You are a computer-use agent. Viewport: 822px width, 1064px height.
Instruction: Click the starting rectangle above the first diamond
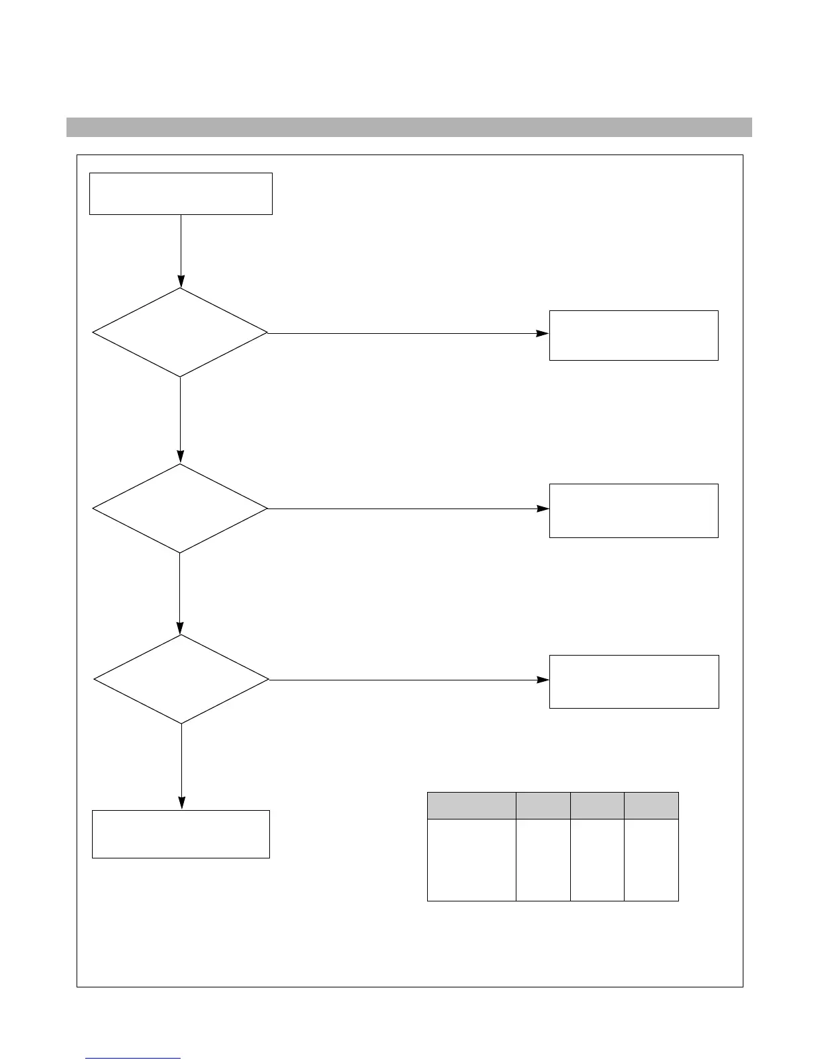click(x=181, y=193)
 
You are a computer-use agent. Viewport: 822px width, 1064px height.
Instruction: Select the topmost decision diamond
click(x=180, y=332)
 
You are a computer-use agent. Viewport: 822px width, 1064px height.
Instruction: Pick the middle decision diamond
click(x=180, y=508)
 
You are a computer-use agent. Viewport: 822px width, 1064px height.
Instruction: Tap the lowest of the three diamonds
click(x=181, y=679)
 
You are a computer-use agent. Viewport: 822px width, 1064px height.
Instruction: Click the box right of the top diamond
click(x=633, y=335)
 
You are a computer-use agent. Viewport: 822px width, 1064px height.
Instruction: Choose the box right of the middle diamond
click(x=633, y=511)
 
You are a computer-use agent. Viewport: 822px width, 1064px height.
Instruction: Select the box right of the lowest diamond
click(x=634, y=681)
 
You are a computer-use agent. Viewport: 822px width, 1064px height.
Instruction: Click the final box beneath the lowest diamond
click(x=181, y=834)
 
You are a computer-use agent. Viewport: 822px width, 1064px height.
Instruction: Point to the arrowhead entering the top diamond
click(x=181, y=281)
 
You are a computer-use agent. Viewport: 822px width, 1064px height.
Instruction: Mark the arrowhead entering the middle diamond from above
click(x=180, y=457)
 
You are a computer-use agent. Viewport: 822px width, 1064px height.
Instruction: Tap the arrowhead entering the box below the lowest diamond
click(x=181, y=803)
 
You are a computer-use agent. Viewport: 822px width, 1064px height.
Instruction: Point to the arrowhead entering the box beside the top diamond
click(x=543, y=333)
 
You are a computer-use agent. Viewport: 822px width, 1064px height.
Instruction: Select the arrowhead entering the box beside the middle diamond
click(x=543, y=508)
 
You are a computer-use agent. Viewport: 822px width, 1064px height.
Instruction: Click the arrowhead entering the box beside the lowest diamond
click(x=543, y=680)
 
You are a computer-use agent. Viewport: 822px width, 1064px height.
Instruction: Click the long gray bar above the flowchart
click(x=409, y=127)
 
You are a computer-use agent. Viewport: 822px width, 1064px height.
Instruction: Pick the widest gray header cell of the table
click(x=471, y=805)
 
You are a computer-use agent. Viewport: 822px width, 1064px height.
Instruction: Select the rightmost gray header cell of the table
click(x=651, y=805)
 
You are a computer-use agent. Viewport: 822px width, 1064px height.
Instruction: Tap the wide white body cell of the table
click(x=471, y=859)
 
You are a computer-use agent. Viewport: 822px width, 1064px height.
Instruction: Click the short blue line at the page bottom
click(x=133, y=1058)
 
